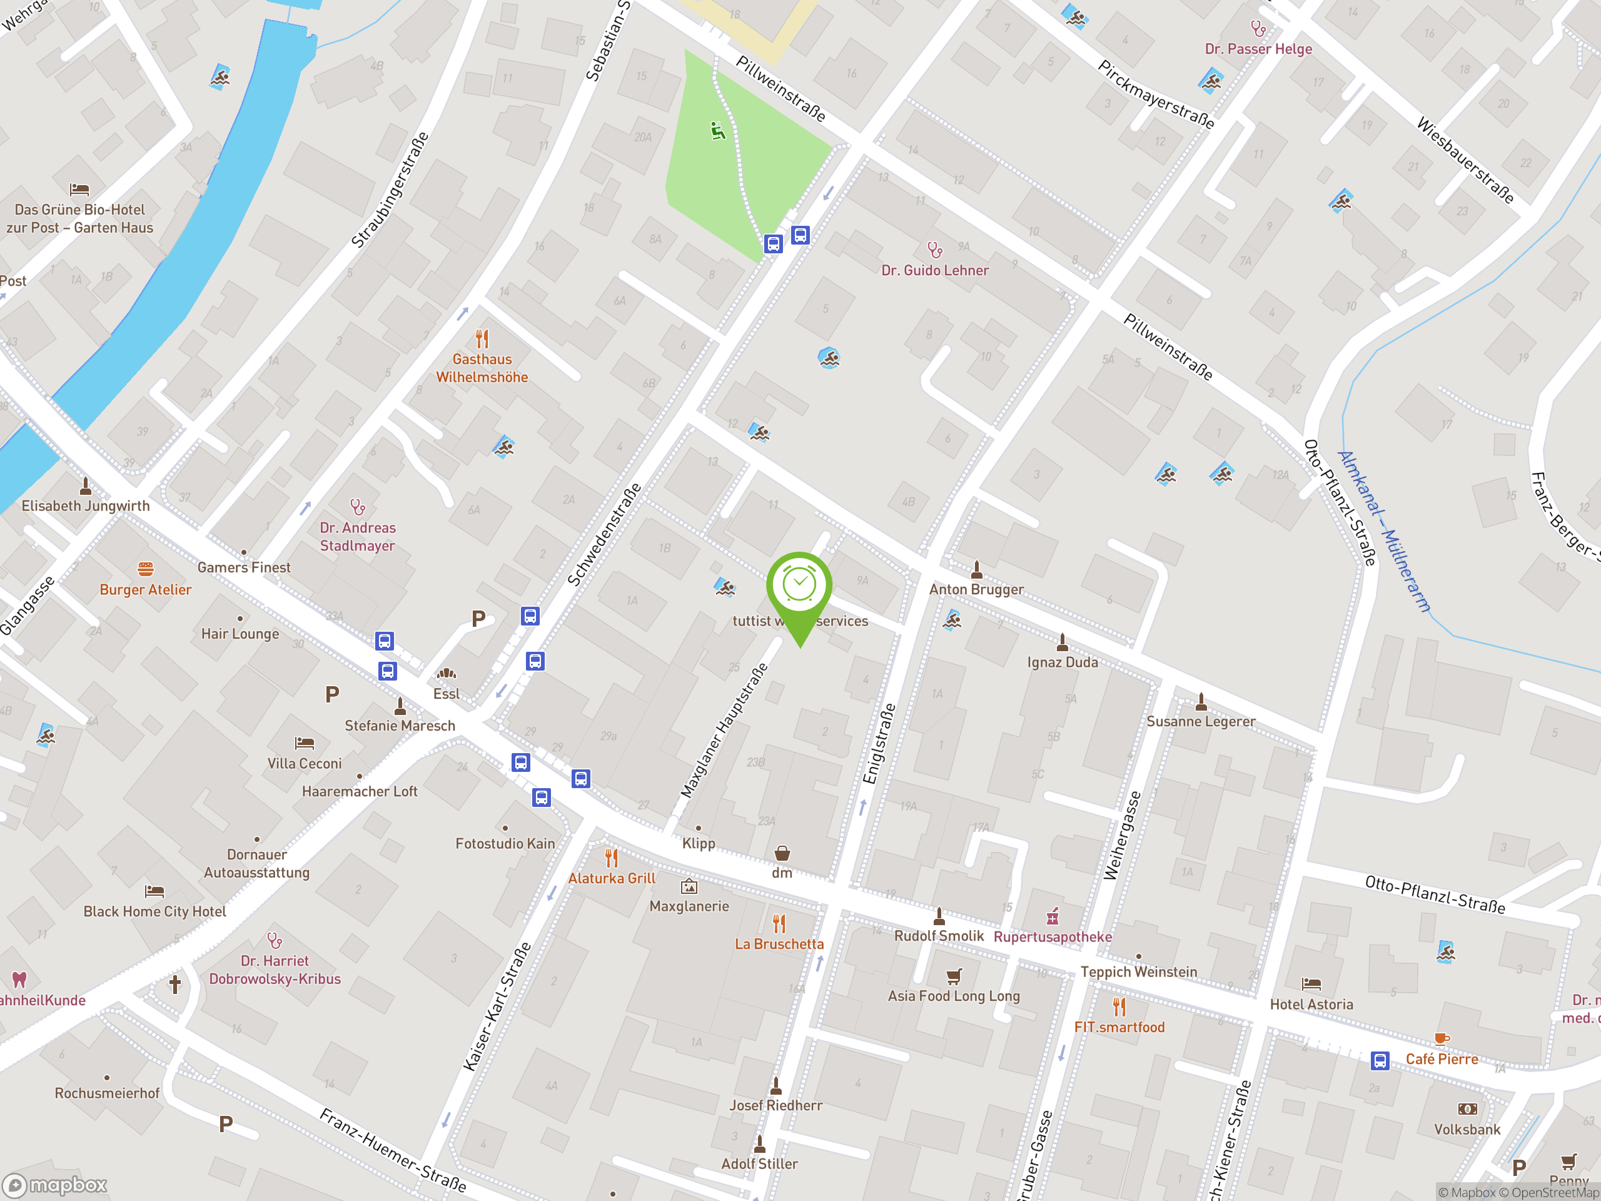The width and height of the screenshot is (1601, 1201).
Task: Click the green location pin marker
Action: [x=799, y=589]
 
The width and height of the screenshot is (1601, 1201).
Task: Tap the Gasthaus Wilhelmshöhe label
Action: [x=482, y=368]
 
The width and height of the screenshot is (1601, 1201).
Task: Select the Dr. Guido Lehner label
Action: [x=934, y=270]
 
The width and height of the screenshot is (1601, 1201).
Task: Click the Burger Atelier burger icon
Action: [x=146, y=569]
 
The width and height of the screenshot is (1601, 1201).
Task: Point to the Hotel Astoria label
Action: [x=1311, y=1004]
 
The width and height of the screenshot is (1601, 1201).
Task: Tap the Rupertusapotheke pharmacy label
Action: [x=1053, y=937]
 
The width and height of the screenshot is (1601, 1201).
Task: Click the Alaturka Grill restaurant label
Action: [x=612, y=878]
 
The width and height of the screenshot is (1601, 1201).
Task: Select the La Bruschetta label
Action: [x=779, y=944]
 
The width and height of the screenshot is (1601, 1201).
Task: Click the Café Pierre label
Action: [x=1442, y=1059]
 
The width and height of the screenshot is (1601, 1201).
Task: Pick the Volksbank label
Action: [x=1467, y=1129]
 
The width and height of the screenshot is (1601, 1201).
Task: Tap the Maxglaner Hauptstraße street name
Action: [x=724, y=731]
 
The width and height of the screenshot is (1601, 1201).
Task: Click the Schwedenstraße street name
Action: [x=604, y=534]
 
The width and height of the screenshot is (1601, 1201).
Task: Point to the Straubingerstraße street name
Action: [x=390, y=190]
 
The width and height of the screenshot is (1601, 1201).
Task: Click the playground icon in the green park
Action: [x=717, y=131]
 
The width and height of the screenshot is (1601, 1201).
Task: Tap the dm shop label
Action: [x=782, y=873]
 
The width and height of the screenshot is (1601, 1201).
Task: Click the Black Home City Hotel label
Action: [x=155, y=911]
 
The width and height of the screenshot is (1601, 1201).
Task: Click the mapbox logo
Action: [x=56, y=1185]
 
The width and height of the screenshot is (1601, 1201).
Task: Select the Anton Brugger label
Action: [x=976, y=589]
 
